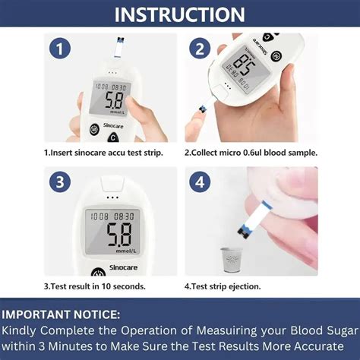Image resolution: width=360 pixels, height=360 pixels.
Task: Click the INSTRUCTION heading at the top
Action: click(x=180, y=14)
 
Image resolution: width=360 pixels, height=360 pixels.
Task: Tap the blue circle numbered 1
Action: click(x=60, y=49)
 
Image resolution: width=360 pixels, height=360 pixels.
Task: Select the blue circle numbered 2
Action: click(x=200, y=49)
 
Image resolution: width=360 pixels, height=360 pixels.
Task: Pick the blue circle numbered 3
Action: click(x=60, y=182)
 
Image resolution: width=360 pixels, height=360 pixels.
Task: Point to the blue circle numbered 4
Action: click(x=200, y=182)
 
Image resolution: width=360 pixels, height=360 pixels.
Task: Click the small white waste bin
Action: click(x=231, y=260)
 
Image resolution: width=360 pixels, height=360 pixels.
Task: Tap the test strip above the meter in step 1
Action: click(x=118, y=48)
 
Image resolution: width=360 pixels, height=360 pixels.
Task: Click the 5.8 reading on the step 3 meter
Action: click(x=119, y=235)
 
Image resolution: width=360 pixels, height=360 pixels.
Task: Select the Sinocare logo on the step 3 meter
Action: click(x=123, y=267)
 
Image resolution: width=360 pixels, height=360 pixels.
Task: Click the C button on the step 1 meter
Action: click(x=113, y=138)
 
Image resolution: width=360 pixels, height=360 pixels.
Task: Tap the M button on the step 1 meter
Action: click(x=94, y=130)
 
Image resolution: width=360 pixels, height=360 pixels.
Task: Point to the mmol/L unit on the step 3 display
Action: click(x=126, y=251)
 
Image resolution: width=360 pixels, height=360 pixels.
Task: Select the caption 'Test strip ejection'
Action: click(x=223, y=286)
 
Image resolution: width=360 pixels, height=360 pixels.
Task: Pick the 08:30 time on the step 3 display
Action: click(x=124, y=216)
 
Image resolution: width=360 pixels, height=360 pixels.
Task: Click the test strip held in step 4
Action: click(x=255, y=219)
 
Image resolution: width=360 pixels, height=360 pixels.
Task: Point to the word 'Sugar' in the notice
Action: click(x=343, y=331)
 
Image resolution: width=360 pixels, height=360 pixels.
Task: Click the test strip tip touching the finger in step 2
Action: click(x=203, y=109)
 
